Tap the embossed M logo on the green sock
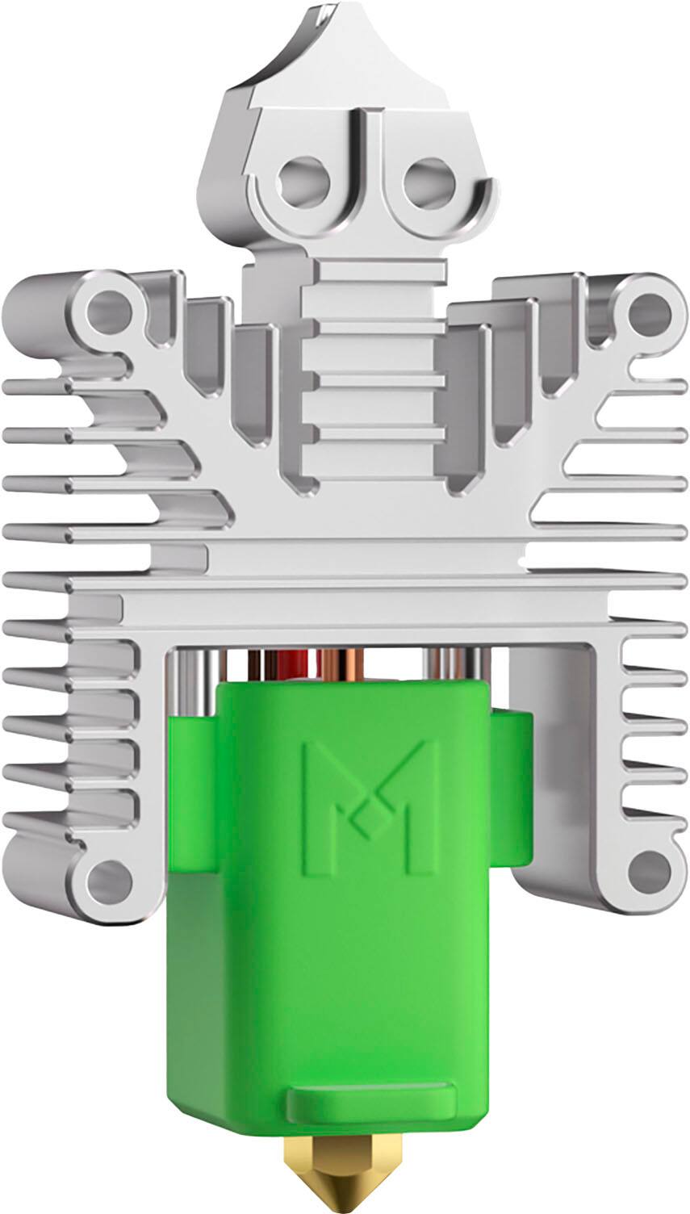[368, 806]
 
